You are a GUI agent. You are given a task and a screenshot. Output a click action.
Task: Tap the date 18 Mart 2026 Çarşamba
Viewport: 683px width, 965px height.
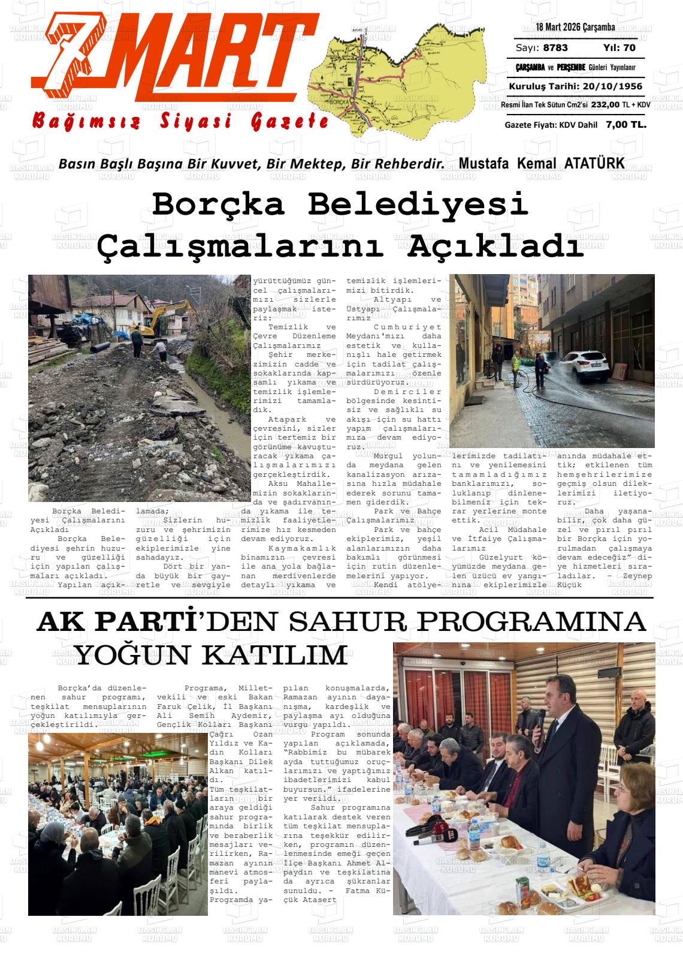pyautogui.click(x=575, y=28)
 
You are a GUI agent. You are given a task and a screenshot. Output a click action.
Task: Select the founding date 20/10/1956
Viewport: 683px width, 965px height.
pyautogui.click(x=612, y=86)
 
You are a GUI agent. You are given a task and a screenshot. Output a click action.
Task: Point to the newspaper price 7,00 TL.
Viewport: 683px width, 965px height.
pyautogui.click(x=626, y=125)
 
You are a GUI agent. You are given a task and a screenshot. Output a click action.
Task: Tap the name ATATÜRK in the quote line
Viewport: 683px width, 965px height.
pyautogui.click(x=593, y=163)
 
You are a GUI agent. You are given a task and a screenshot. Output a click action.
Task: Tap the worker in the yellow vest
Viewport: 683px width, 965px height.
pyautogui.click(x=516, y=365)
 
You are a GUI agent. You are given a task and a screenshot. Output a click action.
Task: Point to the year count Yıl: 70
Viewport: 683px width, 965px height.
pyautogui.click(x=619, y=48)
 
